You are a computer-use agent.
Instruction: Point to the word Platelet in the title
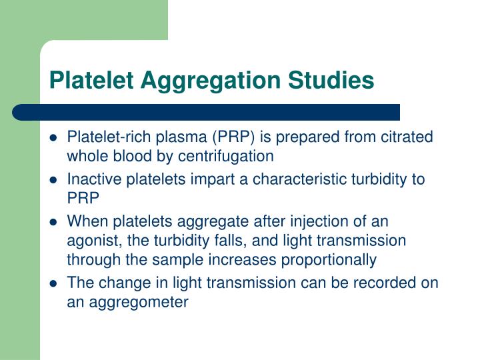coord(93,80)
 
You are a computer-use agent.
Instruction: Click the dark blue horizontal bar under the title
coord(207,112)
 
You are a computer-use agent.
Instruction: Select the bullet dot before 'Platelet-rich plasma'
coord(53,138)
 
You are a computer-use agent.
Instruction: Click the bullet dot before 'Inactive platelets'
coord(53,180)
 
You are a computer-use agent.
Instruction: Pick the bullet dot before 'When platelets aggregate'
coord(53,222)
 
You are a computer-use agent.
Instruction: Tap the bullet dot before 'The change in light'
coord(53,283)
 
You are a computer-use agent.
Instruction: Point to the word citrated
coord(408,137)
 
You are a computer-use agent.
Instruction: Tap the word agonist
coord(90,240)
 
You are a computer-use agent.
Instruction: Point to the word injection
coord(311,221)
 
